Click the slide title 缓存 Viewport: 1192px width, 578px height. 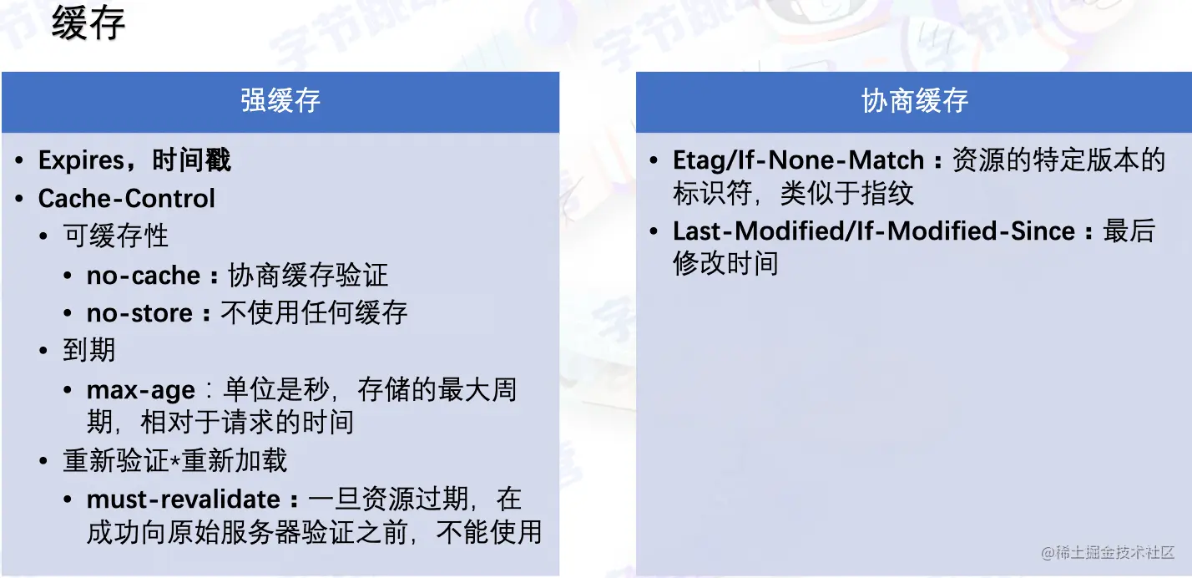pos(88,23)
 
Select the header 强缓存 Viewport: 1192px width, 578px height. pos(280,101)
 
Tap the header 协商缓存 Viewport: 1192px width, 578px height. pos(915,101)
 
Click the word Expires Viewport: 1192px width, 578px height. pos(82,160)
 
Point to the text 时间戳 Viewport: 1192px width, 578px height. pos(192,160)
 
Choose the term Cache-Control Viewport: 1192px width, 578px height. pos(127,199)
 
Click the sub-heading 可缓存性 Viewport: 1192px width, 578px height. pos(115,236)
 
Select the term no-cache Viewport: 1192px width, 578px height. pos(144,276)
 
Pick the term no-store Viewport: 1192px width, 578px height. pos(139,313)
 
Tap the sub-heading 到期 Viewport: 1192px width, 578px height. pos(88,350)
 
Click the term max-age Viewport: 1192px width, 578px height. pos(141,390)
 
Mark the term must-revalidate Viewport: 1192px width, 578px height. pos(184,499)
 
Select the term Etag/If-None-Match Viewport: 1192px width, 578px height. pos(798,160)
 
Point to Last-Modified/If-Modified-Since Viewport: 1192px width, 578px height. pos(874,231)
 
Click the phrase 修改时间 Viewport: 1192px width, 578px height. pos(726,264)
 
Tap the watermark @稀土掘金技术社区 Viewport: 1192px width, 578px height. pos(1108,552)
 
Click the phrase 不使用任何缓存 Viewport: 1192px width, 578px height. pos(314,312)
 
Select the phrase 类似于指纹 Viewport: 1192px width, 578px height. pos(846,194)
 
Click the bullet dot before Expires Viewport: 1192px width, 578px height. pos(20,160)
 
